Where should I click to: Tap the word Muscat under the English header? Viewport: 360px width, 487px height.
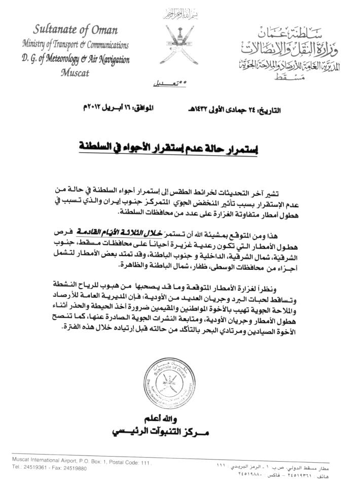[75, 72]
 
